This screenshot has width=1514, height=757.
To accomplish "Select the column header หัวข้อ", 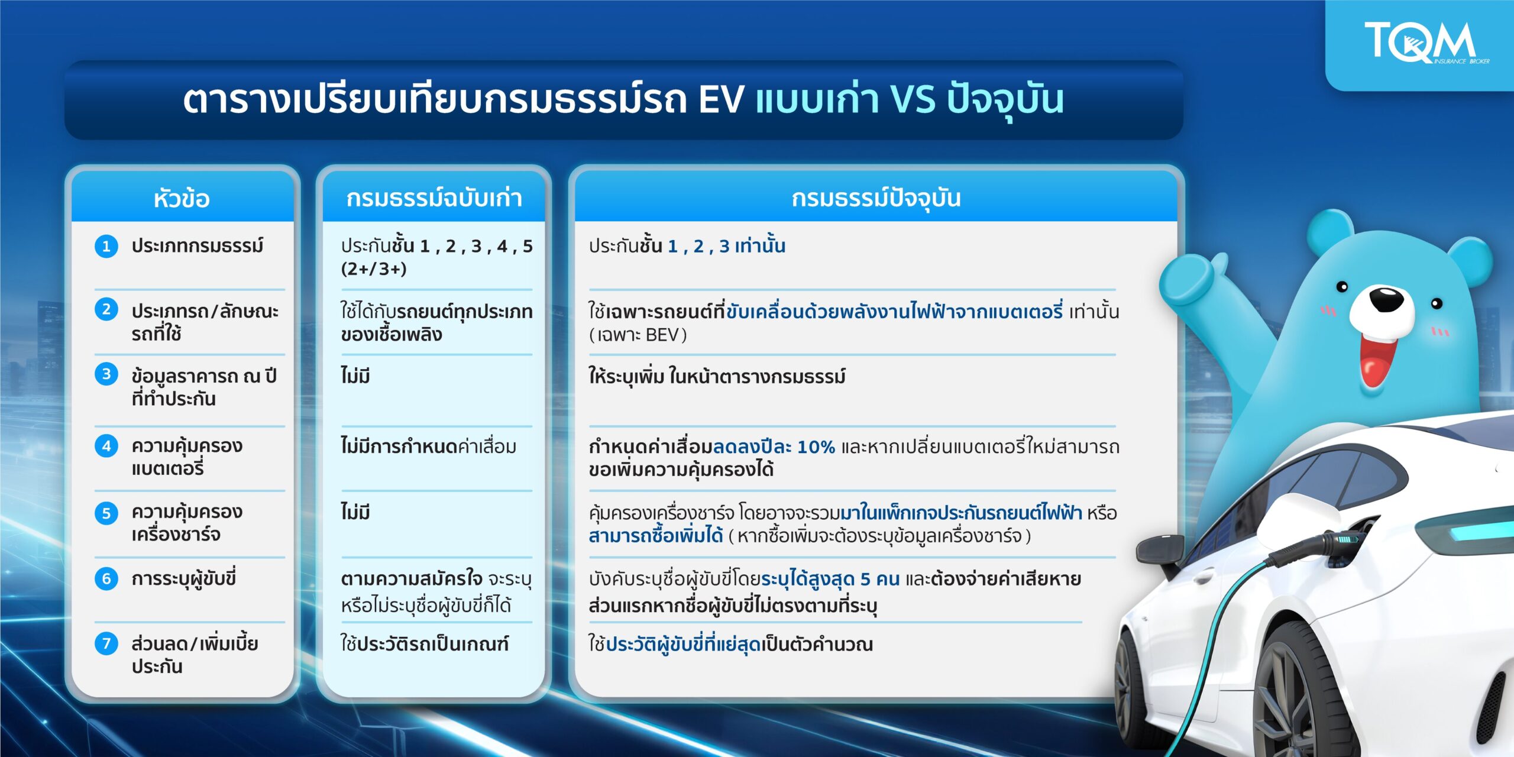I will tap(182, 199).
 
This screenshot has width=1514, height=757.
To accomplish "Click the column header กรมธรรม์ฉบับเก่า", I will tap(434, 198).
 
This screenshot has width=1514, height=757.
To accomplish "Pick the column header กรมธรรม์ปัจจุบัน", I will tap(876, 198).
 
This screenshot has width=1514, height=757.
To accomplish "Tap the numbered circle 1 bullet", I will tap(106, 246).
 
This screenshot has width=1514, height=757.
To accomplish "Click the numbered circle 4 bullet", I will tap(106, 446).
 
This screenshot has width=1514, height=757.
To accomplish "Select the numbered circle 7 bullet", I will tap(106, 643).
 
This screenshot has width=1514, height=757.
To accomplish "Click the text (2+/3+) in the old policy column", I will tap(374, 269).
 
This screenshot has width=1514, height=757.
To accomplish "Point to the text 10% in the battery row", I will tap(816, 447).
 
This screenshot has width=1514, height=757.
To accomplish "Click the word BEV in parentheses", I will tap(662, 335).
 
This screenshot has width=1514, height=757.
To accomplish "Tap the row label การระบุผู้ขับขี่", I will tap(183, 578).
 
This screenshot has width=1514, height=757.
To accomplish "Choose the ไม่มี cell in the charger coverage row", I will tap(355, 512).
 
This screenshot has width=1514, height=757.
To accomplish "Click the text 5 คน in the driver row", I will tap(879, 579).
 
